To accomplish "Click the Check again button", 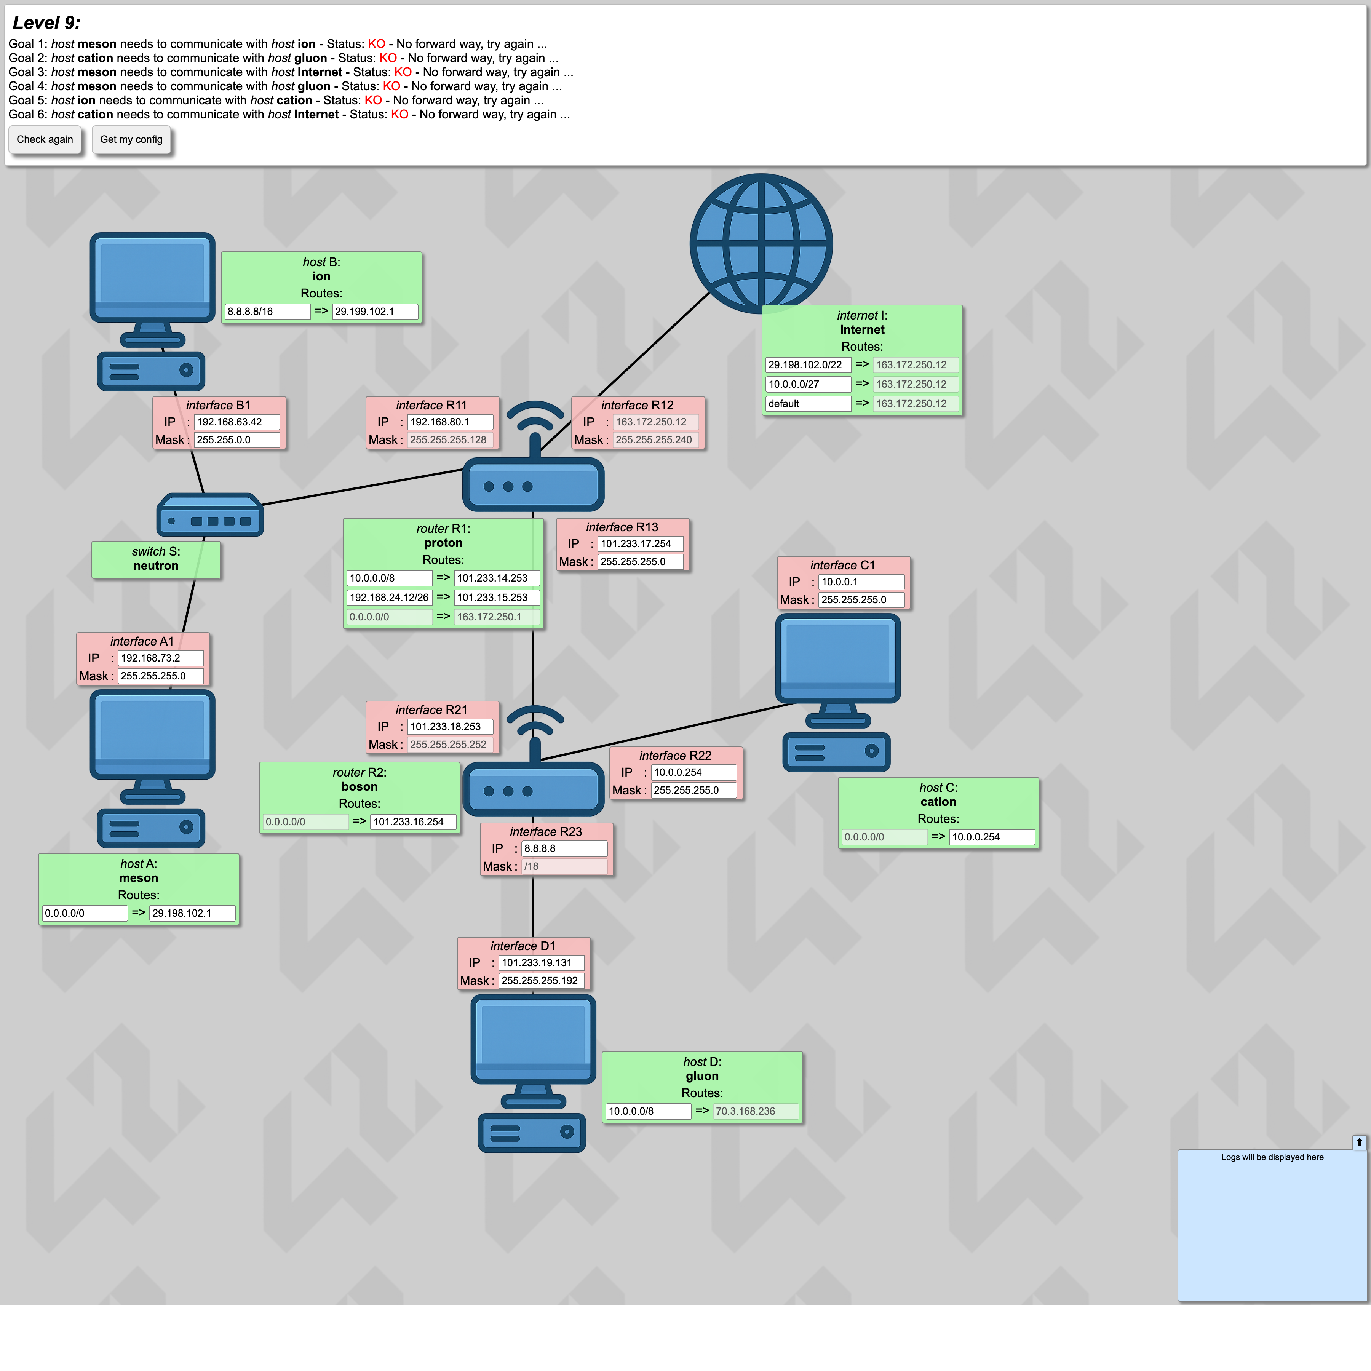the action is coord(45,139).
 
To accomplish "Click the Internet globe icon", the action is coord(761,243).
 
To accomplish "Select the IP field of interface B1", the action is coord(236,422).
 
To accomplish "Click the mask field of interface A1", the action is coord(160,676).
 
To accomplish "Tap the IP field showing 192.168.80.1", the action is coord(450,422).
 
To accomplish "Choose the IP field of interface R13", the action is coord(640,543).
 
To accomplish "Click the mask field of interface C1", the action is coord(861,600).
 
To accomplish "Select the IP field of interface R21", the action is coord(450,727).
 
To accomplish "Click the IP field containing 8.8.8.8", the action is coord(564,849).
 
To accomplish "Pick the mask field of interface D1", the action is coord(542,981).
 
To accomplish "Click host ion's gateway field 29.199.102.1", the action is coord(375,312).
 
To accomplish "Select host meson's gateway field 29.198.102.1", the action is coord(192,913).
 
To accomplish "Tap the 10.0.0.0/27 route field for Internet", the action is coord(808,384).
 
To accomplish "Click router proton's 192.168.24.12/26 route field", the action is coord(390,598).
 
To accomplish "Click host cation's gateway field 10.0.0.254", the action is coord(992,837).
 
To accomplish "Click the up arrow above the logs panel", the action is coord(1359,1142).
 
